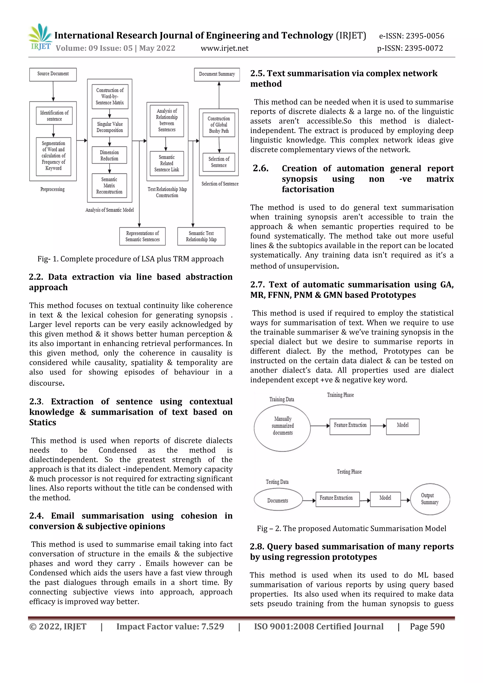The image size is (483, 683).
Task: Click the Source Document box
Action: [53, 74]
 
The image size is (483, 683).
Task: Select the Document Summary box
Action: [217, 74]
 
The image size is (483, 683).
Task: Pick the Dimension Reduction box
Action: [109, 155]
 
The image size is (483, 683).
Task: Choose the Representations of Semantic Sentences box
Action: [142, 236]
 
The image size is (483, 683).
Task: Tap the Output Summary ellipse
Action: [430, 499]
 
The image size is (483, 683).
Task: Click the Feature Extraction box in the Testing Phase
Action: [337, 499]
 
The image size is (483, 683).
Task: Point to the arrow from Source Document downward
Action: [53, 91]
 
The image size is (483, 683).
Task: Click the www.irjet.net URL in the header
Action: [225, 48]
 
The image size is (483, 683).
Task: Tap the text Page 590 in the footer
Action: [427, 626]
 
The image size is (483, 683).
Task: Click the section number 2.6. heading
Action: [261, 168]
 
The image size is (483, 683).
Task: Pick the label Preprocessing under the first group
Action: [52, 189]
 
